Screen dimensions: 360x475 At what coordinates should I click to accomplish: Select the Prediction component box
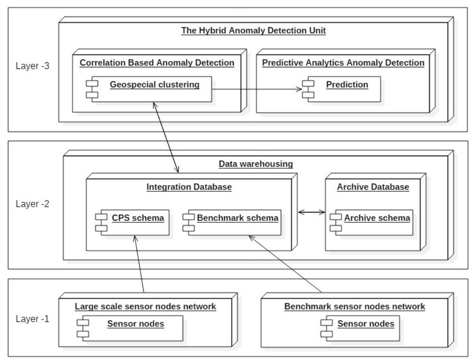click(x=341, y=89)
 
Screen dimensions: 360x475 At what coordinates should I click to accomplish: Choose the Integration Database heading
click(x=189, y=187)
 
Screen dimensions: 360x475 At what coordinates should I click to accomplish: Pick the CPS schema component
click(x=132, y=222)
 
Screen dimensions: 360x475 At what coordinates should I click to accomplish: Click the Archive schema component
click(x=372, y=222)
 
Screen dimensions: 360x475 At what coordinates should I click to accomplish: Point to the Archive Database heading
click(x=373, y=187)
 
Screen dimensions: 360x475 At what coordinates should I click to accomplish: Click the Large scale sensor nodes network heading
click(x=145, y=306)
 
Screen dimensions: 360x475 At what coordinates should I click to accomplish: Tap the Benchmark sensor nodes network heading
click(x=354, y=306)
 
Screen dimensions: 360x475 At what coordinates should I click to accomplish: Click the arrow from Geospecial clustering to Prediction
click(x=255, y=89)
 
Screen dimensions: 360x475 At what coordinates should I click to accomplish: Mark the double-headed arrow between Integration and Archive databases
click(x=311, y=211)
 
